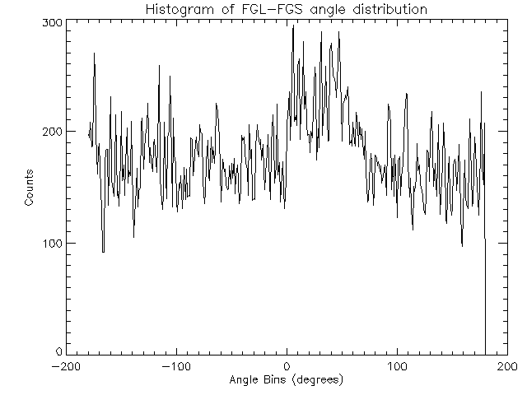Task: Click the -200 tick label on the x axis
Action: coord(65,367)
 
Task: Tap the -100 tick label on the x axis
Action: coord(175,367)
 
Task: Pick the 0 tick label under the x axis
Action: coord(287,367)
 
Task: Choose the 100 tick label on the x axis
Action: coord(397,367)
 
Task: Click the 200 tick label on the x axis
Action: coord(507,367)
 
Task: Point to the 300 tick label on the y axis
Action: coord(52,23)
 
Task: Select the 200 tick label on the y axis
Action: coord(52,132)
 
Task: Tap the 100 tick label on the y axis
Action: coord(52,243)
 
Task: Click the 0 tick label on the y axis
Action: coord(58,352)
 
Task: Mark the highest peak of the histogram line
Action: coord(293,26)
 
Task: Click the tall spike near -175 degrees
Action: coord(94,54)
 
